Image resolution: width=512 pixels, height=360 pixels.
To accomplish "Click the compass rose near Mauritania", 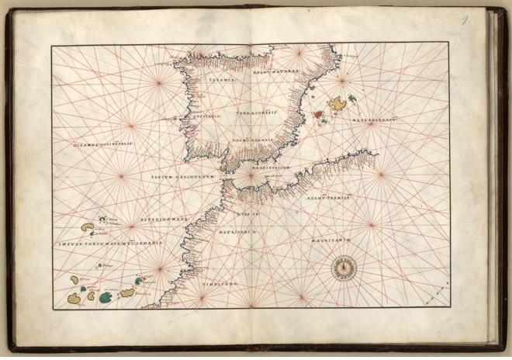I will pos(341,268).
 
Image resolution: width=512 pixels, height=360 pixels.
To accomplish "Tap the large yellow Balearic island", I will pos(337,103).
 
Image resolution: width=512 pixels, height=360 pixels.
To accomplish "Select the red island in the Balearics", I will pos(320,113).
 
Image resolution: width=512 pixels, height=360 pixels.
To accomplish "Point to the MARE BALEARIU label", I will pos(373,120).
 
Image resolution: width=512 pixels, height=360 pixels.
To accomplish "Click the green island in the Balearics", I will pos(353,99).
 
